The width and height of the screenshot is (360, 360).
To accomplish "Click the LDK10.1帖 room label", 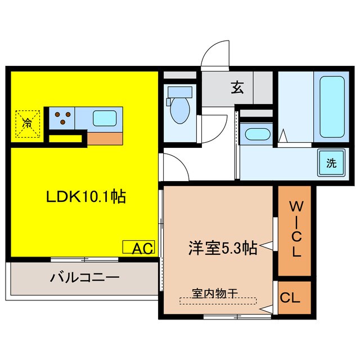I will [85, 197].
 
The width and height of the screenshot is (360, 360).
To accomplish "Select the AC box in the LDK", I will [138, 247].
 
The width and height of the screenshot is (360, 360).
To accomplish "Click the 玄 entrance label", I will [237, 88].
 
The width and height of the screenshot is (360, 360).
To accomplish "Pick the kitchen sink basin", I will [105, 118].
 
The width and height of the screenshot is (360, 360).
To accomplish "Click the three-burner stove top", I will [61, 118].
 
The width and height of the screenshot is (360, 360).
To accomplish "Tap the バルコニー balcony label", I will [84, 277].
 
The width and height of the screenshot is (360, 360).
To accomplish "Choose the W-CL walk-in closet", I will [295, 231].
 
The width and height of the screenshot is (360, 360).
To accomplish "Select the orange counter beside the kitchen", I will [104, 137].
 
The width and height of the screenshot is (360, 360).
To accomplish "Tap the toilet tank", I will [179, 91].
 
